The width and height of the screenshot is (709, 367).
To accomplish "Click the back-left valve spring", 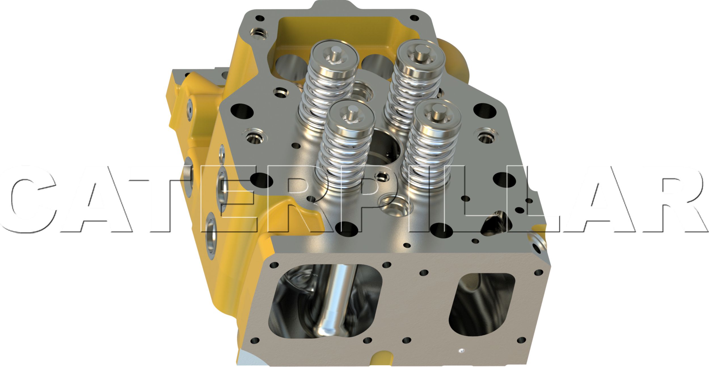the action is (x=328, y=85).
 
